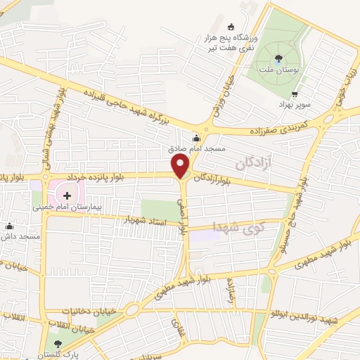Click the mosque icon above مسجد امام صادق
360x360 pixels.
click(195, 138)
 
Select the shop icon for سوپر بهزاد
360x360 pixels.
click(295, 94)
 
